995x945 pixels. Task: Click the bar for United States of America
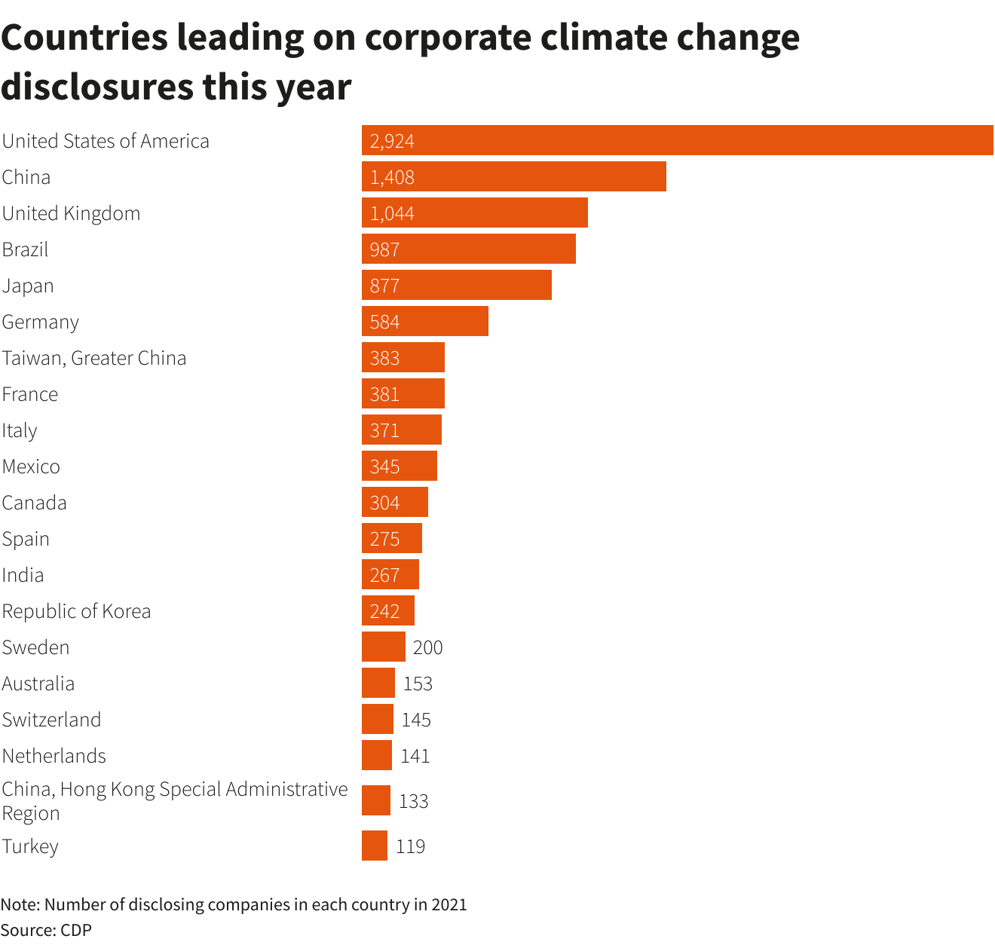[677, 140]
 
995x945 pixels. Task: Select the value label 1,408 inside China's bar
[392, 177]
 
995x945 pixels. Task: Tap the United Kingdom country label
[71, 213]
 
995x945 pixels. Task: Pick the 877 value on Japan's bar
[384, 286]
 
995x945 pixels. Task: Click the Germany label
[40, 322]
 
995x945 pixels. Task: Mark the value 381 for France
[384, 394]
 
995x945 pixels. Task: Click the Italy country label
[20, 430]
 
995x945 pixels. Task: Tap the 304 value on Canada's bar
[384, 503]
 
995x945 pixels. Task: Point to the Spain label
[26, 539]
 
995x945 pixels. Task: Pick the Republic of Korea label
[76, 611]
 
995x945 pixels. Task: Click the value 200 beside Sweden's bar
[427, 647]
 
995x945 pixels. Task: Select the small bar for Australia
[378, 683]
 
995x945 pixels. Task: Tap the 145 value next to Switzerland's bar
[416, 720]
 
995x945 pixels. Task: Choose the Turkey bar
[374, 846]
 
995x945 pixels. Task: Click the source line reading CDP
[46, 930]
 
